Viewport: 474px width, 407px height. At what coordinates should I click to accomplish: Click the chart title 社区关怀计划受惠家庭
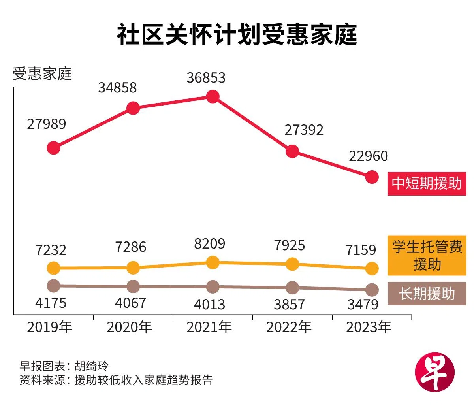pos(237,35)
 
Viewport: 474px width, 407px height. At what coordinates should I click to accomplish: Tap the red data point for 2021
pos(213,96)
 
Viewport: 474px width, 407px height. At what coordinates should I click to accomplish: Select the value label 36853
pos(206,78)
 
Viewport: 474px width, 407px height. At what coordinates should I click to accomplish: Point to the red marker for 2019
pos(54,148)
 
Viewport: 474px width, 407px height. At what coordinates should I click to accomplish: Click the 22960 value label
pos(368,156)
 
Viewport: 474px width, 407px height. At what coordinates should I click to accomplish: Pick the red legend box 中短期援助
pos(427,183)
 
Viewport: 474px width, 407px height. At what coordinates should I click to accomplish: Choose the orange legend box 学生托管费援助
pos(427,255)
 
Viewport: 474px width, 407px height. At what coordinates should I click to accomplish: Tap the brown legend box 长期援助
pos(427,294)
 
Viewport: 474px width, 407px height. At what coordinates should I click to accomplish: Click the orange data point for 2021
pos(213,262)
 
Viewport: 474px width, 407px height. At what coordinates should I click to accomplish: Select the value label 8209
pos(209,244)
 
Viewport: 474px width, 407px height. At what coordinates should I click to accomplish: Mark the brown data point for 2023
pos(372,290)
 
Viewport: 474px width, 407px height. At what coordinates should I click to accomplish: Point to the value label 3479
pos(363,305)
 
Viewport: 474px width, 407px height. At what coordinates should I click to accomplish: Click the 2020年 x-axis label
pos(130,327)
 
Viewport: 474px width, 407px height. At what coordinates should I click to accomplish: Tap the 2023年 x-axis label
pos(369,327)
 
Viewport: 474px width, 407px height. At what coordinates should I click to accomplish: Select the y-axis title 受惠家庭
pos(42,74)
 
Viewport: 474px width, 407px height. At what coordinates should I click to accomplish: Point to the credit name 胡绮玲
pos(91,366)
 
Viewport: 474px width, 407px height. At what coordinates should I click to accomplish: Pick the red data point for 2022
pos(292,151)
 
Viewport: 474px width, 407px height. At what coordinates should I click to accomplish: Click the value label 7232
pos(51,250)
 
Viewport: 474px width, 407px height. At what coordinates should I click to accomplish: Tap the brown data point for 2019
pos(54,285)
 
